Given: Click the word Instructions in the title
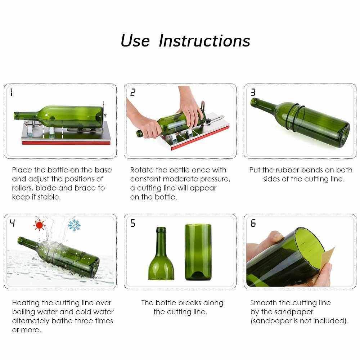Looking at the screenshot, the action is point(204,41).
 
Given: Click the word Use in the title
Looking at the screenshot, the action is point(135,41).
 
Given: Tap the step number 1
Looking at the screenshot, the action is point(12,93).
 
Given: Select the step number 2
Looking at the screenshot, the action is point(133,93).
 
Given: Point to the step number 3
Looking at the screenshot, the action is point(253,93).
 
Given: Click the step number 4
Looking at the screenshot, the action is point(12,223).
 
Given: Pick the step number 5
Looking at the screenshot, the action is point(133,223).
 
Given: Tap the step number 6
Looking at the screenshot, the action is point(253,223).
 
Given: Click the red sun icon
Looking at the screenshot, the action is point(39,225).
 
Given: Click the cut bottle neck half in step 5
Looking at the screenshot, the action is point(161,253).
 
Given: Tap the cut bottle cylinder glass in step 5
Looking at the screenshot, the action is point(198,252).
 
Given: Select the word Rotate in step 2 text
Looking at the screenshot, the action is point(141,170).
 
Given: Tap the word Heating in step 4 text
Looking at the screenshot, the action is point(26,303).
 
